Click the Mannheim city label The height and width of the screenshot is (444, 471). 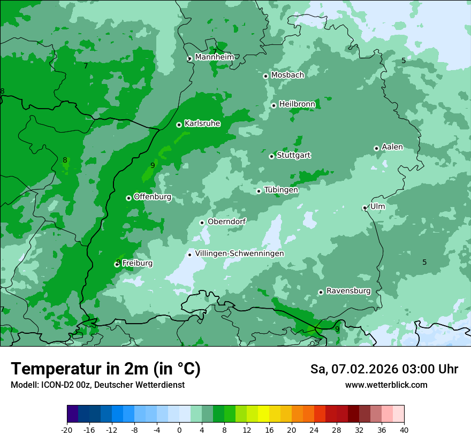coord(214,57)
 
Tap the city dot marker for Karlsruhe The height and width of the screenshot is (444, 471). coord(179,125)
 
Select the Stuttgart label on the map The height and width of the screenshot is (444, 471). coord(293,155)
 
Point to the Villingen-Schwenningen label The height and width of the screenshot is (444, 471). coord(239,254)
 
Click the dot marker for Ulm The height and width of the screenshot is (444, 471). coord(364,208)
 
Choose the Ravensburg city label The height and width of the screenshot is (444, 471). coord(348,291)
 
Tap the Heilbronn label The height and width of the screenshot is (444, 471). coord(297,104)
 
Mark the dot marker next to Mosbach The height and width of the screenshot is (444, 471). coord(265,76)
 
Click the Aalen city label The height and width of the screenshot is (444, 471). coord(392,147)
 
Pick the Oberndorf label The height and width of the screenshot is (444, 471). coord(226,221)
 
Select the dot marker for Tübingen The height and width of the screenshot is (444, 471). coord(259,191)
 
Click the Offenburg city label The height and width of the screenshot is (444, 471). coord(153,197)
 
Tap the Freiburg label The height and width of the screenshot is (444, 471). coord(137,263)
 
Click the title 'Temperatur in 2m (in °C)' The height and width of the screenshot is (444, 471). coord(105,369)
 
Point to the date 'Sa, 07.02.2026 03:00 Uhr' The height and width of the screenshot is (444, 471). coord(384,369)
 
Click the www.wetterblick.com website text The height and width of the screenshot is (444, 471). coord(386,385)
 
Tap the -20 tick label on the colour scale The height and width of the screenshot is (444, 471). coord(67,430)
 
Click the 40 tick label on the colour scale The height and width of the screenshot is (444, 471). coord(404,430)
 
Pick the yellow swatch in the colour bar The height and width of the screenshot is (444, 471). coord(263,414)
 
